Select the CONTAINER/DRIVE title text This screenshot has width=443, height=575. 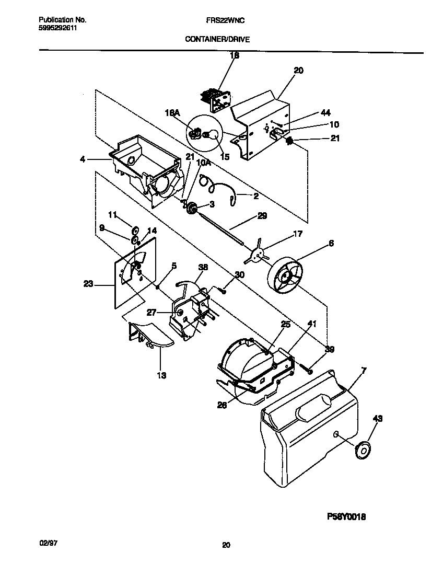coord(216,39)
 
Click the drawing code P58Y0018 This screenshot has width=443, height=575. coord(346,516)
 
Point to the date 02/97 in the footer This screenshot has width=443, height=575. coord(48,544)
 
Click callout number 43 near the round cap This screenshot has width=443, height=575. coord(378,418)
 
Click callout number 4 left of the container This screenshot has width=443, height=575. coord(83,158)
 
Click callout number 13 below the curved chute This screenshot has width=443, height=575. coord(161,375)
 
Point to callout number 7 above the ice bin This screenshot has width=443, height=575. coord(364,370)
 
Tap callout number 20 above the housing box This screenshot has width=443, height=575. coord(299,70)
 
